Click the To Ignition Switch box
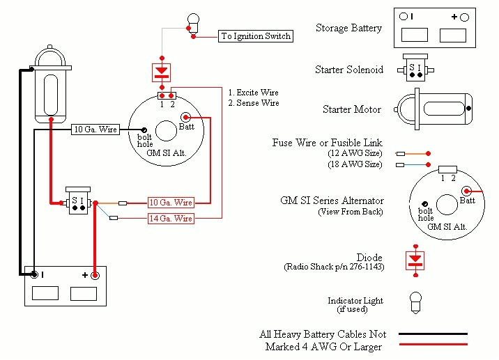pyautogui.click(x=255, y=36)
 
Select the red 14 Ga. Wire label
pyautogui.click(x=171, y=219)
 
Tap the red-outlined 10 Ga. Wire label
pyautogui.click(x=171, y=203)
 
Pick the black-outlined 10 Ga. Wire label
pyautogui.click(x=95, y=130)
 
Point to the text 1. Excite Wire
pyautogui.click(x=254, y=93)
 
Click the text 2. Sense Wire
pyautogui.click(x=253, y=103)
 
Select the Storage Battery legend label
pyautogui.click(x=348, y=29)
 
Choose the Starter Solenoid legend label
pyautogui.click(x=348, y=70)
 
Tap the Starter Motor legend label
pyautogui.click(x=352, y=109)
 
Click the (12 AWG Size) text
pyautogui.click(x=355, y=153)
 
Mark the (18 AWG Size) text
pyautogui.click(x=355, y=164)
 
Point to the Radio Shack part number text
pyautogui.click(x=333, y=267)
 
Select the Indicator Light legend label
pyautogui.click(x=355, y=302)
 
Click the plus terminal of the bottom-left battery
pyautogui.click(x=95, y=276)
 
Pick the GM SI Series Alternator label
pyautogui.click(x=332, y=201)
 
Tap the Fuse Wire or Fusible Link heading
pyautogui.click(x=328, y=143)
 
